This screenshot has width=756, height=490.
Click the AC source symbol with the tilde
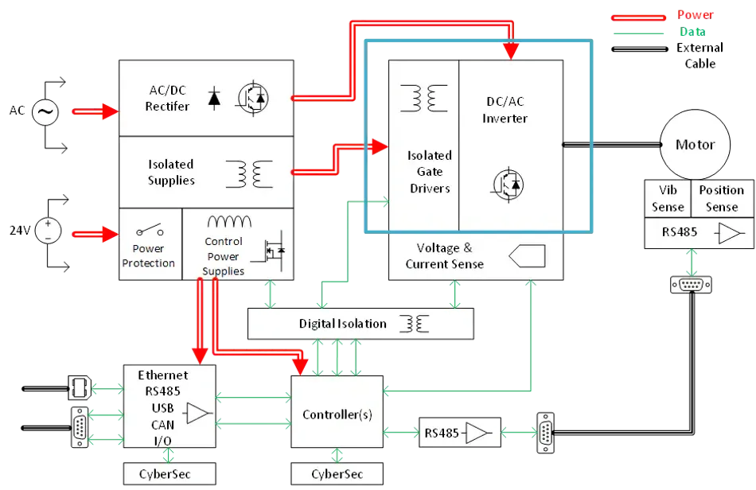coord(45,113)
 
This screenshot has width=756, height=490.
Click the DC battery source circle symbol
coord(47,231)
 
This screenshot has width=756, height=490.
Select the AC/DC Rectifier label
coord(167,97)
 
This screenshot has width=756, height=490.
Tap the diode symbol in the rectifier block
coord(214,97)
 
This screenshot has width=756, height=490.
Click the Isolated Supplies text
coord(171,172)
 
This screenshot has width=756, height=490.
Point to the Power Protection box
coord(150,245)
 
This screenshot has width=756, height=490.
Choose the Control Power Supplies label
coord(223,256)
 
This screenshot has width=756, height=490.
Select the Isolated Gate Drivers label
coord(429,172)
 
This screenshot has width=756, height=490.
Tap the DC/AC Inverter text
coord(506,110)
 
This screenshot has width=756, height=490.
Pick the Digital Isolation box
coord(361,324)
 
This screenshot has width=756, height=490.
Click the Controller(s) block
coord(337,414)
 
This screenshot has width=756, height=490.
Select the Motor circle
coord(695,145)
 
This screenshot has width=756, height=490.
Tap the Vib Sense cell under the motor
coord(667,199)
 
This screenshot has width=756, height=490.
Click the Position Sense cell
coord(721,199)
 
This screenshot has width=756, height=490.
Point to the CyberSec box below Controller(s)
coord(337,475)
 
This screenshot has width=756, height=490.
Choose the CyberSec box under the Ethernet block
coord(169,475)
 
